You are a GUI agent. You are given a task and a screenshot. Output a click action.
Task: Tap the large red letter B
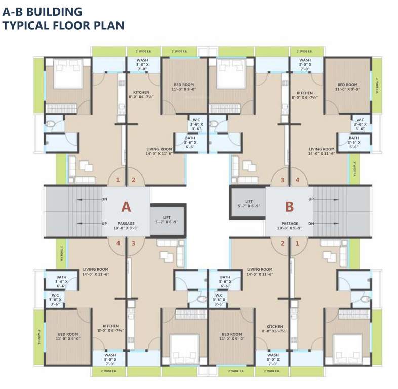pyautogui.click(x=289, y=207)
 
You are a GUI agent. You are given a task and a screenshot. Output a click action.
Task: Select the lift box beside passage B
pyautogui.click(x=248, y=203)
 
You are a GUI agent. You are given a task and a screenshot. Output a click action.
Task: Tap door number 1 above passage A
pyautogui.click(x=118, y=180)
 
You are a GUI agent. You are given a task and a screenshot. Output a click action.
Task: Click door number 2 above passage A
pyautogui.click(x=134, y=180)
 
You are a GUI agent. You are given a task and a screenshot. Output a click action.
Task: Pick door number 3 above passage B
pyautogui.click(x=282, y=180)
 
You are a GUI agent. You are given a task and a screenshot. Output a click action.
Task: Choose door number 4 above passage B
pyautogui.click(x=297, y=180)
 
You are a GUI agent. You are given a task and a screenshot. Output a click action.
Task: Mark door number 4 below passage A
pyautogui.click(x=118, y=243)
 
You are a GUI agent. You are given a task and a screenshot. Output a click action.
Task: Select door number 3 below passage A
pyautogui.click(x=134, y=243)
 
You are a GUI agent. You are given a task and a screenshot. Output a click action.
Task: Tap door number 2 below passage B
pyautogui.click(x=282, y=243)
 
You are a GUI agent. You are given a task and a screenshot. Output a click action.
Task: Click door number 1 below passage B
pyautogui.click(x=297, y=243)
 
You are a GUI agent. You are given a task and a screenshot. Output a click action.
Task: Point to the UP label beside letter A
pyautogui.click(x=104, y=223)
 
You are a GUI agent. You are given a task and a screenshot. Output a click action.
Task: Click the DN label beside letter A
pyautogui.click(x=104, y=199)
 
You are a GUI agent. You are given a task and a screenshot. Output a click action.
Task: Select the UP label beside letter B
pyautogui.click(x=311, y=199)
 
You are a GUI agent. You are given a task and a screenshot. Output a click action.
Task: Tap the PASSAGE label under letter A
pyautogui.click(x=126, y=223)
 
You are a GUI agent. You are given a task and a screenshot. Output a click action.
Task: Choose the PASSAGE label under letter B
pyautogui.click(x=289, y=223)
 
